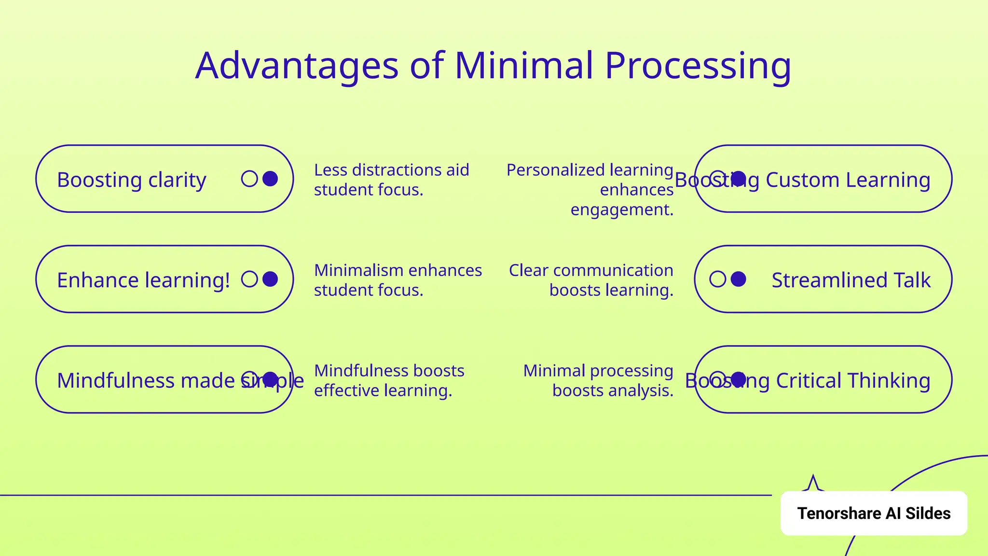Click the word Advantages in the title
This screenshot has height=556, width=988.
tap(297, 66)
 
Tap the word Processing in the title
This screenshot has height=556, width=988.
tap(698, 66)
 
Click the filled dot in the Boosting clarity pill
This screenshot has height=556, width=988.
tap(270, 179)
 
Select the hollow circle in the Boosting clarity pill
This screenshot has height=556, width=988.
tap(249, 179)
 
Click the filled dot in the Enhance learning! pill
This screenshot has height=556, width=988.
tap(270, 279)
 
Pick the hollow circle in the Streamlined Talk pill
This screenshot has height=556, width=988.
tap(717, 279)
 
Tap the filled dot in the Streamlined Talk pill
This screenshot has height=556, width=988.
tap(739, 279)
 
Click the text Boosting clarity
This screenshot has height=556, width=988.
tap(131, 180)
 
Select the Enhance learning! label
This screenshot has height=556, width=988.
tap(143, 280)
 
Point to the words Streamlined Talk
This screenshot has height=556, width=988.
tap(851, 280)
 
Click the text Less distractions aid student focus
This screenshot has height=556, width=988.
tap(391, 180)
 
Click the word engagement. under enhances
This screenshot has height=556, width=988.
tap(622, 209)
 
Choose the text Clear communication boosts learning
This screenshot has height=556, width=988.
tap(591, 280)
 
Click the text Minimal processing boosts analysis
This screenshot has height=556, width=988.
tap(598, 380)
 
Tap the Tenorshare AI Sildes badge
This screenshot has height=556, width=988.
tap(874, 513)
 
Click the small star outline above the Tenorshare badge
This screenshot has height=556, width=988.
tap(813, 484)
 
